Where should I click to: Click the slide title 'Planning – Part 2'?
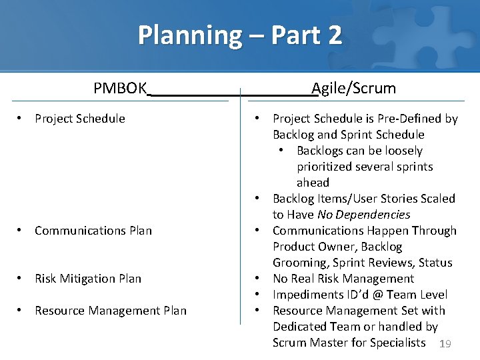pyautogui.click(x=240, y=35)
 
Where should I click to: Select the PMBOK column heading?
pyautogui.click(x=120, y=88)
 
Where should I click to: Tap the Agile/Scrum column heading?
pyautogui.click(x=354, y=88)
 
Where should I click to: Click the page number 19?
pyautogui.click(x=446, y=344)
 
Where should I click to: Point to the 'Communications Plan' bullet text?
pyautogui.click(x=93, y=231)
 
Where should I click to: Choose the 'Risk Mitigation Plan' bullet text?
pyautogui.click(x=88, y=279)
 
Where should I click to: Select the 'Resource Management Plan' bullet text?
pyautogui.click(x=111, y=311)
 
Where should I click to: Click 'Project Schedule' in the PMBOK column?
pyautogui.click(x=80, y=119)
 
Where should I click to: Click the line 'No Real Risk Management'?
pyautogui.click(x=343, y=279)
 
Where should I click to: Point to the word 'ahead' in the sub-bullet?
pyautogui.click(x=313, y=183)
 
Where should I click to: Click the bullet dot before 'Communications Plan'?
pyautogui.click(x=21, y=231)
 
